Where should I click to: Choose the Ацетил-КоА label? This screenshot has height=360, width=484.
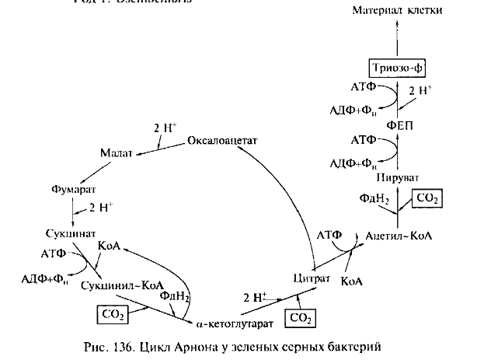pos(398,235)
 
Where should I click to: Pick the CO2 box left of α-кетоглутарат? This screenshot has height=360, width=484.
pos(113,313)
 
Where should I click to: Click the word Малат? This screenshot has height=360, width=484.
pos(115,153)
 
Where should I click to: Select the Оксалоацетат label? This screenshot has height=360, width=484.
pos(221,141)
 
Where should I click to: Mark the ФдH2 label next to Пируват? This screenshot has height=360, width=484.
pos(374,199)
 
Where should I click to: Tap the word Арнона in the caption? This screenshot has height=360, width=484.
pos(207,344)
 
